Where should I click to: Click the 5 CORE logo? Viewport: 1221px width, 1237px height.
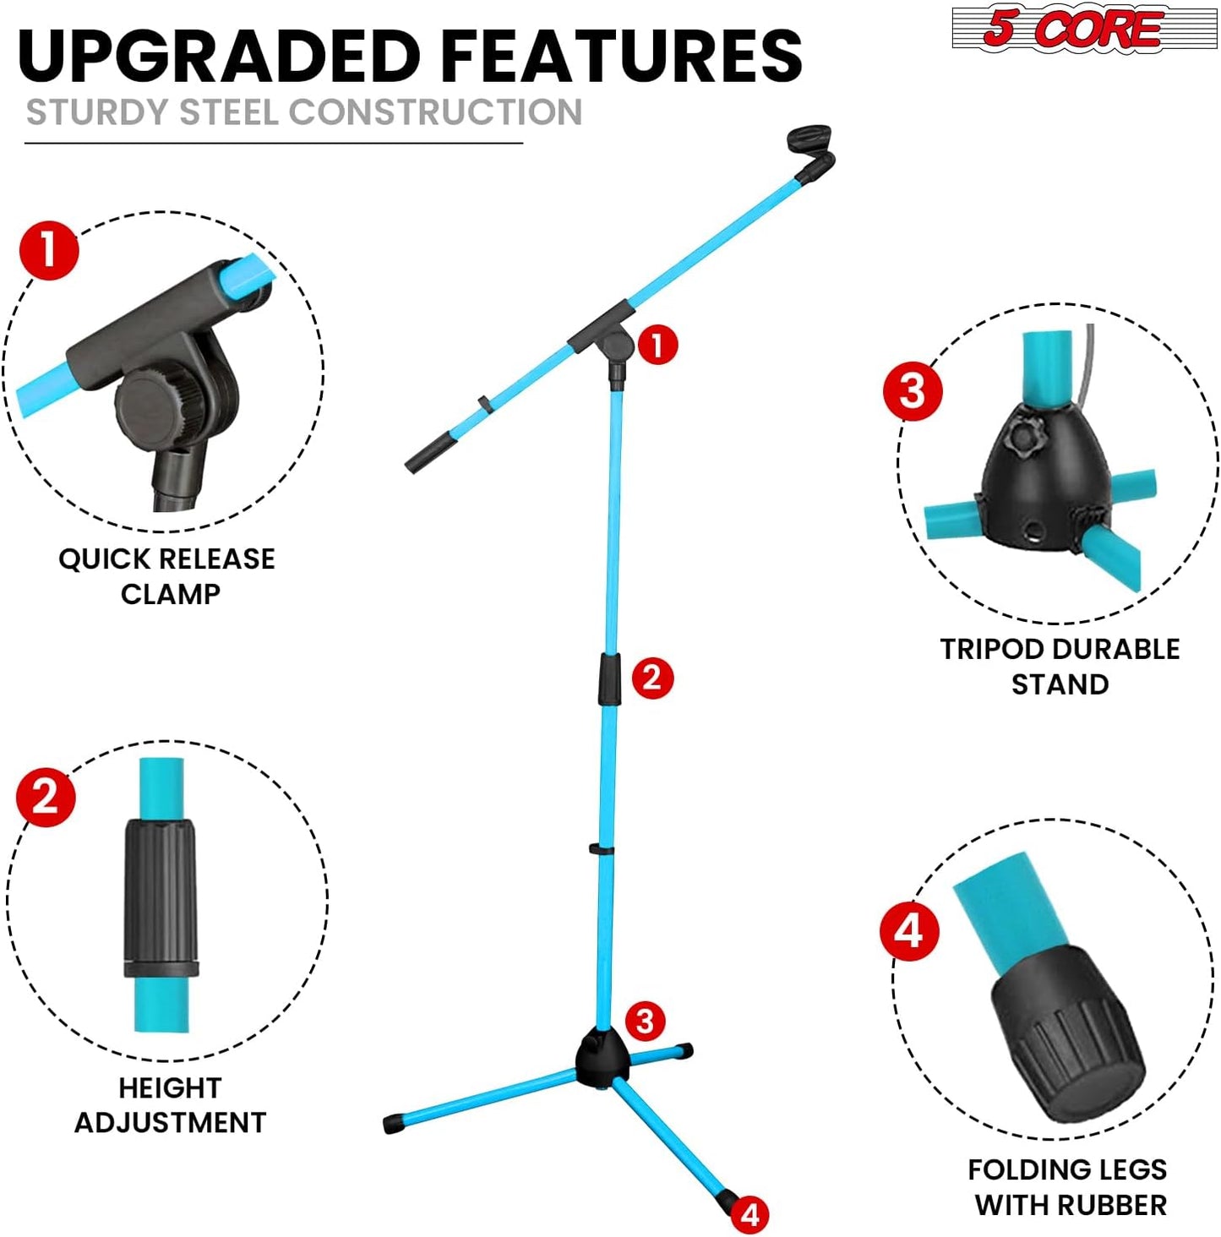coord(1084,28)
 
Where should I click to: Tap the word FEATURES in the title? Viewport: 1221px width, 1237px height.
coord(621,57)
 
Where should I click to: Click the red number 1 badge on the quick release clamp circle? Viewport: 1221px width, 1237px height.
coord(49,250)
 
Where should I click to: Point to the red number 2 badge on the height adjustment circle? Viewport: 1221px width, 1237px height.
coord(46,797)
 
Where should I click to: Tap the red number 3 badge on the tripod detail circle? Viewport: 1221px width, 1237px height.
coord(913,391)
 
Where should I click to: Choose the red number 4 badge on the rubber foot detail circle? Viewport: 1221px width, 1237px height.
coord(909,930)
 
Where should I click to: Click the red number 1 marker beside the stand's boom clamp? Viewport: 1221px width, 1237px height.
coord(657,345)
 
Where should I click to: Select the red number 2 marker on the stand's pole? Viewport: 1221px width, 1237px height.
coord(651,678)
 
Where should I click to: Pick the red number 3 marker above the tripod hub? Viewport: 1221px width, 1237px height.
coord(645,1021)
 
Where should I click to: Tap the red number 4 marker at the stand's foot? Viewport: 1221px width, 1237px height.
coord(749,1215)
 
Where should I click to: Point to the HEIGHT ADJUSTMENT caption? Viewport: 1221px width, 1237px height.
coord(170,1104)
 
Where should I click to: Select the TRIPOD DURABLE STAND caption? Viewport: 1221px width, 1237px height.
coord(1060,666)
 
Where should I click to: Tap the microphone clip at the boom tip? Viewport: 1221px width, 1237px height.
coord(812,147)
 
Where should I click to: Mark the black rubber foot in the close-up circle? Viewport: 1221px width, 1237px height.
coord(1069,1035)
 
